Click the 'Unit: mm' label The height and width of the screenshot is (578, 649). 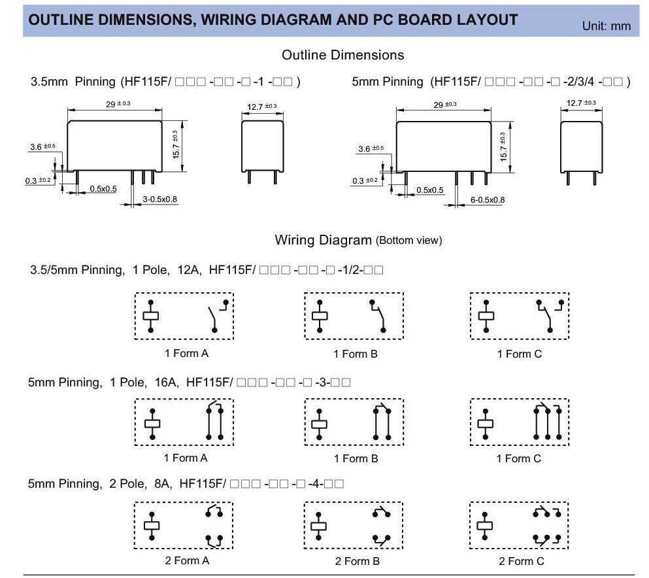pyautogui.click(x=607, y=26)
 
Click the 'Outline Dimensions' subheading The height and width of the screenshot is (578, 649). pyautogui.click(x=342, y=55)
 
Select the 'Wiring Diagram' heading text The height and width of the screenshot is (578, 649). pyautogui.click(x=323, y=240)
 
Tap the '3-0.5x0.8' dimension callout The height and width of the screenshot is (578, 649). pyautogui.click(x=160, y=199)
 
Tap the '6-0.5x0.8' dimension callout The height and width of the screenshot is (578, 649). pyautogui.click(x=487, y=199)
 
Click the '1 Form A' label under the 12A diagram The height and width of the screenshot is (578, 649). pyautogui.click(x=186, y=353)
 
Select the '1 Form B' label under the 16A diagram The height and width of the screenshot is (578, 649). pyautogui.click(x=356, y=458)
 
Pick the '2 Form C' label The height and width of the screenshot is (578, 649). pyautogui.click(x=521, y=561)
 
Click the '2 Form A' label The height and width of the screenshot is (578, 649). pyautogui.click(x=186, y=560)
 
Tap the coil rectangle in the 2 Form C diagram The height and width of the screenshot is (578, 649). pyautogui.click(x=485, y=526)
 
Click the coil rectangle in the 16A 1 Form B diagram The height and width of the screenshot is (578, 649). pyautogui.click(x=319, y=424)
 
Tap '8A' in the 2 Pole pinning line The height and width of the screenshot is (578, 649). pyautogui.click(x=160, y=484)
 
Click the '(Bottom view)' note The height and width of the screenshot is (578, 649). pyautogui.click(x=409, y=241)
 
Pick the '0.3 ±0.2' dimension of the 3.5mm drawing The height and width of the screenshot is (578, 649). pyautogui.click(x=37, y=180)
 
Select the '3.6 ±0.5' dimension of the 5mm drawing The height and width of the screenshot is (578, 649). pyautogui.click(x=371, y=149)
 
